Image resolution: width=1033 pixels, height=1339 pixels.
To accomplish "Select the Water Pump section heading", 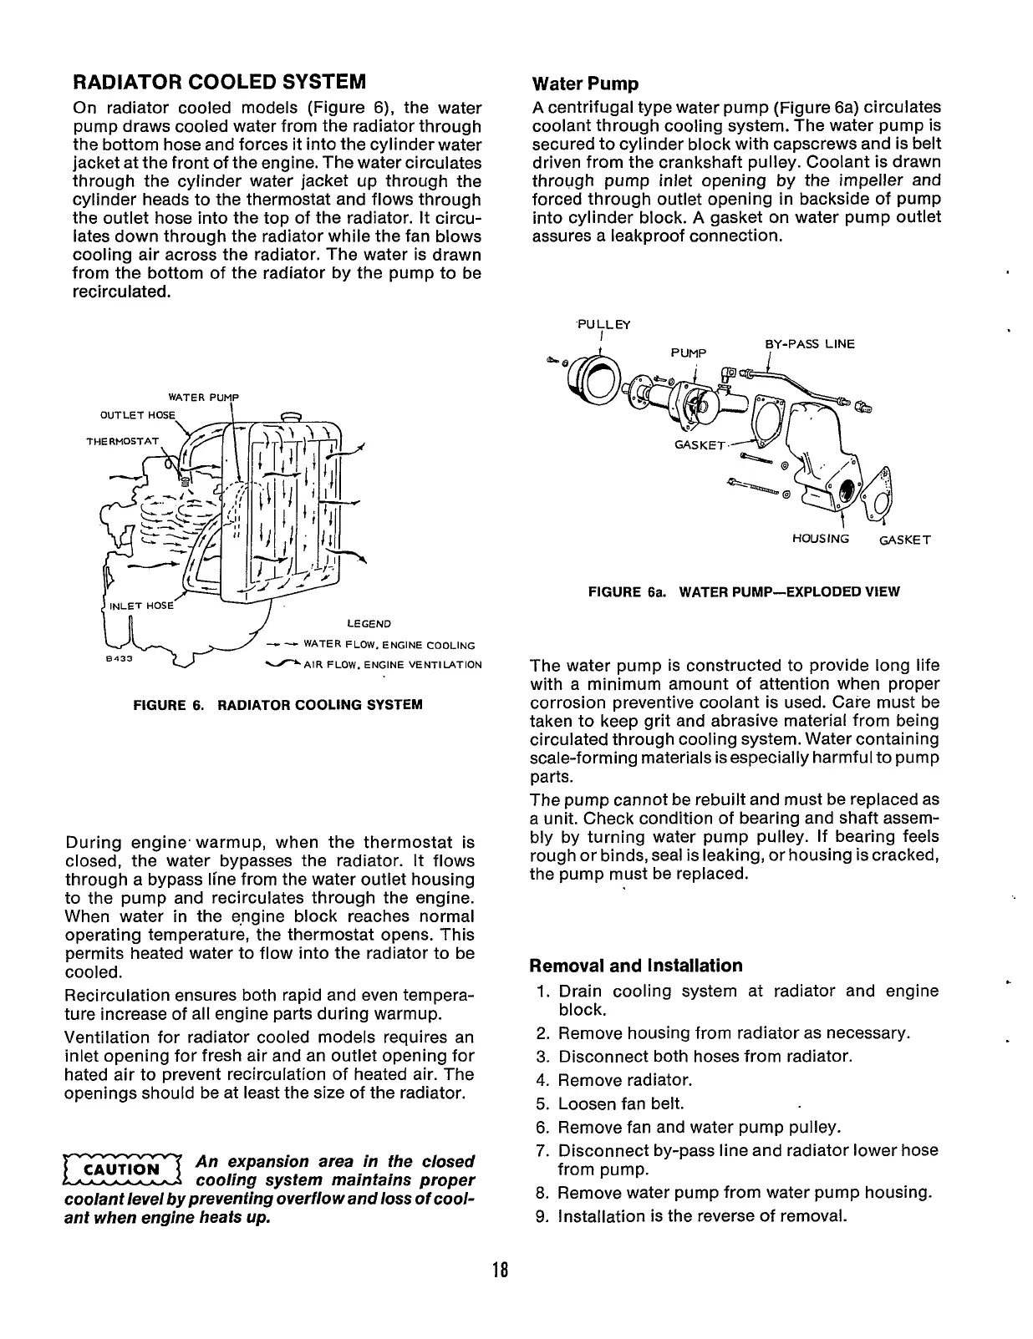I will point(585,84).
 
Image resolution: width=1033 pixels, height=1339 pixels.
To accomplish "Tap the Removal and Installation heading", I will point(636,966).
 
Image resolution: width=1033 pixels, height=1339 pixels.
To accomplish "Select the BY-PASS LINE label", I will point(810,343).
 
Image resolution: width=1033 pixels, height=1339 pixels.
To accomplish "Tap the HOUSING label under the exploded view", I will point(820,539).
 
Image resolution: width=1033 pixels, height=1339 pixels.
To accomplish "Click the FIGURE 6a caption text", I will point(744,592).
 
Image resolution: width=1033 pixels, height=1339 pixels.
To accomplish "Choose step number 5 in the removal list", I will point(542,1103).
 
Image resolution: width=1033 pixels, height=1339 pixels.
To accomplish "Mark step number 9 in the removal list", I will point(542,1215).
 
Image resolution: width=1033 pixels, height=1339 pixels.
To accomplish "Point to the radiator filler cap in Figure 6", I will point(291,416).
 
